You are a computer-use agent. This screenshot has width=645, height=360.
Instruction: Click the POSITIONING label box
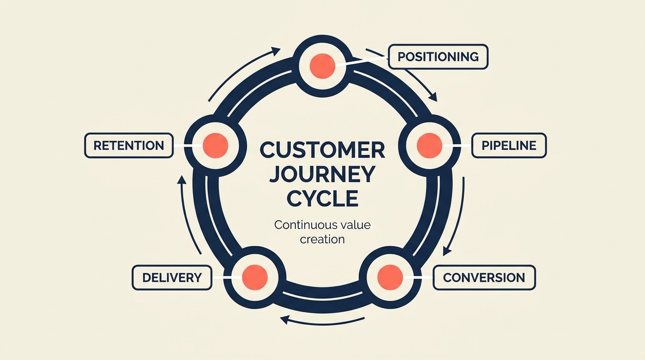[x=438, y=57]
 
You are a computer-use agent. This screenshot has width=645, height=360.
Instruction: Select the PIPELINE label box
[x=509, y=145]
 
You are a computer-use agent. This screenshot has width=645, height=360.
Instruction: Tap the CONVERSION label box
[x=484, y=277]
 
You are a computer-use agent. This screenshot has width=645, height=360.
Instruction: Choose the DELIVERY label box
[x=172, y=277]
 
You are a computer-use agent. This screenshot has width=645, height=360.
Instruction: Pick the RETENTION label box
[x=129, y=145]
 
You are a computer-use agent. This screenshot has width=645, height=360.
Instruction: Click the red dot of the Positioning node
[x=322, y=65]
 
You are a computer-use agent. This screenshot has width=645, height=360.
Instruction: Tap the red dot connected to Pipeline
[x=429, y=145]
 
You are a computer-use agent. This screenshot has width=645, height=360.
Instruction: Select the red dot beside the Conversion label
[x=390, y=277]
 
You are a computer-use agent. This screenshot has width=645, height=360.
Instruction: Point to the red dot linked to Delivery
[x=255, y=277]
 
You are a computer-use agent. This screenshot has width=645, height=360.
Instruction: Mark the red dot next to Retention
[x=216, y=145]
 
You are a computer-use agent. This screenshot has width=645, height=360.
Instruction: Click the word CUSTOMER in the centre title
[x=322, y=150]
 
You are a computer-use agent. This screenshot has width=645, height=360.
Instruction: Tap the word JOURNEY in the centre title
[x=322, y=174]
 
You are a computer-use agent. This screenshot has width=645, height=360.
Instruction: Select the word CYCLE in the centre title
[x=322, y=198]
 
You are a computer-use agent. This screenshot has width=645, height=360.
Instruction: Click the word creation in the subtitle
[x=322, y=239]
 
